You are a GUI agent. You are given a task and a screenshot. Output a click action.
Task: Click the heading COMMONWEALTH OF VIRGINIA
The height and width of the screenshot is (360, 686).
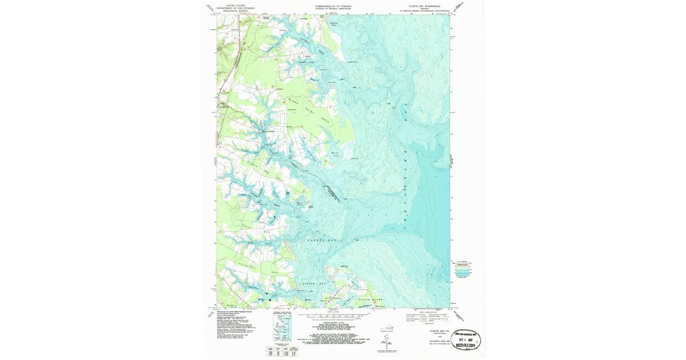coord(333,6)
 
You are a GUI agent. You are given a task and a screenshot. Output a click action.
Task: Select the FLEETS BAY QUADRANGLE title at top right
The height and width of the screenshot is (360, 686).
coord(424,6)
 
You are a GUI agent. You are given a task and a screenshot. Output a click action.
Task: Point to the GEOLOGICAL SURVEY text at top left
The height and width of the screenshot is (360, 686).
coord(240,10)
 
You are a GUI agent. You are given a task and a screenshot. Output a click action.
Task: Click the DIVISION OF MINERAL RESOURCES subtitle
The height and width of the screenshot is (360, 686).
coord(333,8)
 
